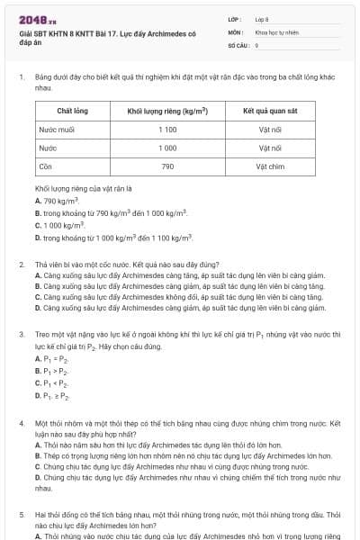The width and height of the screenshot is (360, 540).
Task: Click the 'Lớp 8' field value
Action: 262,18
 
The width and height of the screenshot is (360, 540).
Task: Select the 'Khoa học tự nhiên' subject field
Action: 274,31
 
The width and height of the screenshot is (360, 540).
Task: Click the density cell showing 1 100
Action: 167,130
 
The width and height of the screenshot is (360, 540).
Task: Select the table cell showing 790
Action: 167,166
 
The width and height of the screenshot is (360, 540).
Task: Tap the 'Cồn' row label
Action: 45,166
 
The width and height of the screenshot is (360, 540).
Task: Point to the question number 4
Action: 21,422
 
